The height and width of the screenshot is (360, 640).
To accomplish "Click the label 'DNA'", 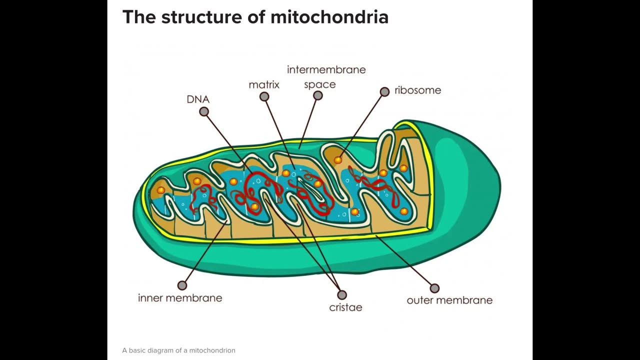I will [198, 99].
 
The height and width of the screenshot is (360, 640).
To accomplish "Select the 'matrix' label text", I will [264, 84].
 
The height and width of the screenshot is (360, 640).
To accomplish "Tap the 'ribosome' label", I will [417, 90].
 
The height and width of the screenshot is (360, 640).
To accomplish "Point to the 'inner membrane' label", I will [180, 298].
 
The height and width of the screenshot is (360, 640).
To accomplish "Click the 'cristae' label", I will [345, 307].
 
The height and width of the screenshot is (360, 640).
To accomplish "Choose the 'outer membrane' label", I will [449, 300].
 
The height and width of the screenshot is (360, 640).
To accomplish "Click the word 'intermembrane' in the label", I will [326, 69].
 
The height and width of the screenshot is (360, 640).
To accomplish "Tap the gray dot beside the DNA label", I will [204, 112].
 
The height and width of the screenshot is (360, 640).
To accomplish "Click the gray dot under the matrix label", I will [264, 96].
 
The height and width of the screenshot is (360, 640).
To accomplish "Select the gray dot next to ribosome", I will [384, 91].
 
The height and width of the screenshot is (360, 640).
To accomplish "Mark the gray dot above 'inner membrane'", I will [182, 285].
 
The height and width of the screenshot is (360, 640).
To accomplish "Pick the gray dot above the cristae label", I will [342, 295].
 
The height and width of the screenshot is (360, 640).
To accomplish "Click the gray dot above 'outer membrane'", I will [434, 288].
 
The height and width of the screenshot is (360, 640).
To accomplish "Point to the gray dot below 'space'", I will [318, 95].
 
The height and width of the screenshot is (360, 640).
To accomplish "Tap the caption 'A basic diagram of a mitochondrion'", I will [178, 350].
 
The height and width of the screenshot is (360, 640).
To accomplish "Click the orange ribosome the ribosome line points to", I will [338, 160].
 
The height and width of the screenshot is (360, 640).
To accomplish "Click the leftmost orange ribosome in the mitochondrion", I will [160, 190].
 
